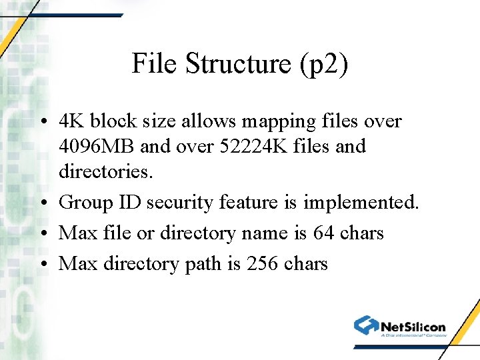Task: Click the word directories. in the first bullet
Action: [x=106, y=171]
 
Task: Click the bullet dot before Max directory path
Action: [x=43, y=265]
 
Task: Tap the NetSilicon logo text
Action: [x=413, y=326]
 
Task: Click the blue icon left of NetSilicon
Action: [x=366, y=325]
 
